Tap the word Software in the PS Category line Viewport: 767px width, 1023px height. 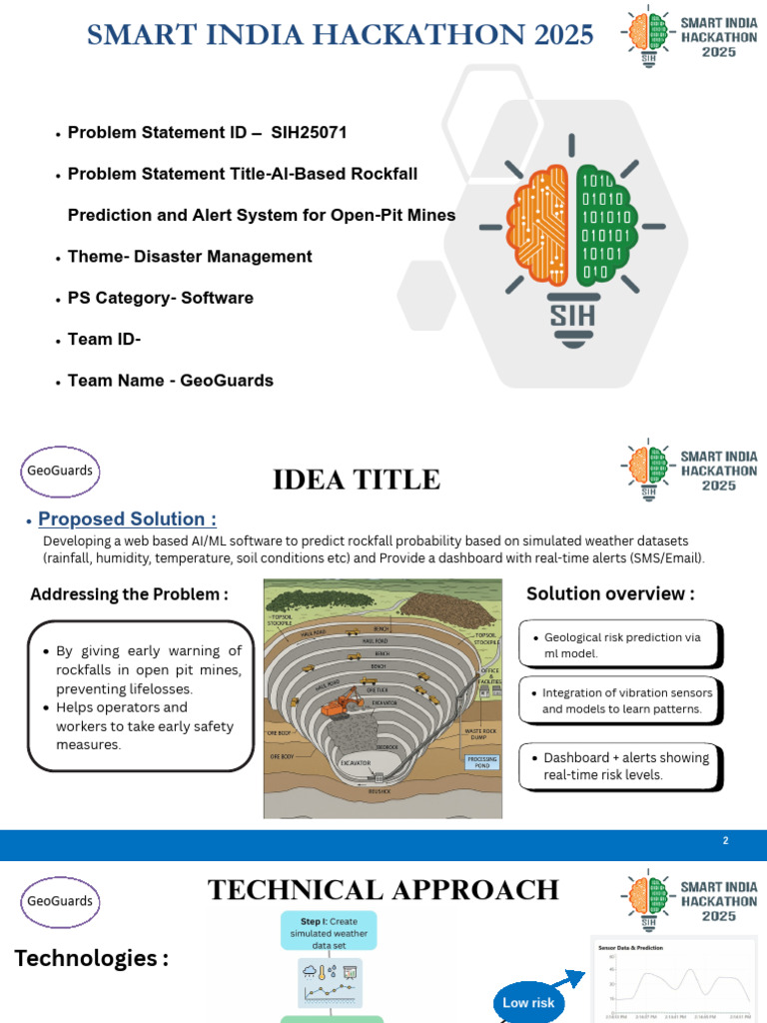click(x=218, y=298)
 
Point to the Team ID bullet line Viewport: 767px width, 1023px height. click(x=104, y=340)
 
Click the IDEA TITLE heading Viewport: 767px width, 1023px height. click(x=357, y=480)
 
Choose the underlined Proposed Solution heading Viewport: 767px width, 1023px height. click(x=127, y=519)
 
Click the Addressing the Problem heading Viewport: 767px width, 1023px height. click(x=129, y=594)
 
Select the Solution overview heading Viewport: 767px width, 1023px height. click(x=610, y=593)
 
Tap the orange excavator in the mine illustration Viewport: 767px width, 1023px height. click(x=341, y=700)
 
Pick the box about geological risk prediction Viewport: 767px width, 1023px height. click(x=620, y=644)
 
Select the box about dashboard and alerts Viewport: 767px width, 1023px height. click(x=620, y=766)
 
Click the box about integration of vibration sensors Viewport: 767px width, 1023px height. click(x=620, y=701)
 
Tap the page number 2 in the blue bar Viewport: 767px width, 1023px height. click(x=726, y=841)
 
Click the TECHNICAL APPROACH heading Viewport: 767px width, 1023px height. click(x=383, y=890)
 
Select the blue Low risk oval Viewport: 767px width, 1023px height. click(x=529, y=1002)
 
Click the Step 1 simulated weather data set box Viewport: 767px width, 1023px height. click(x=329, y=928)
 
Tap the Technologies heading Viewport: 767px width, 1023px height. click(x=91, y=959)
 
